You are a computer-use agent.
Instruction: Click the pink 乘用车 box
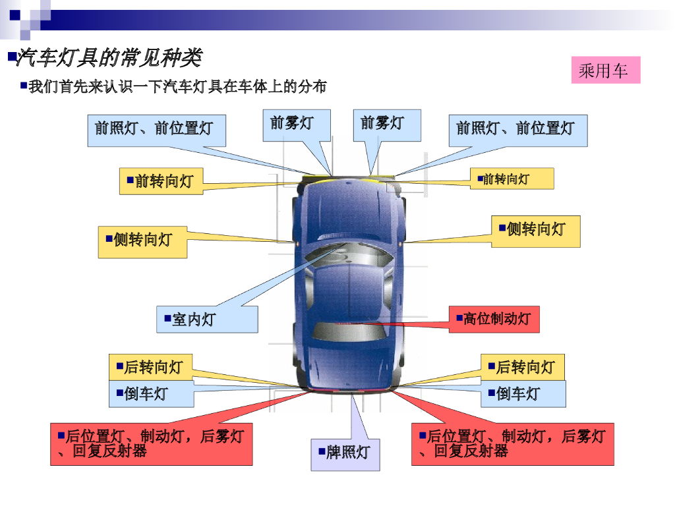(x=605, y=70)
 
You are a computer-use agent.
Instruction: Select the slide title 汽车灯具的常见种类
(x=109, y=58)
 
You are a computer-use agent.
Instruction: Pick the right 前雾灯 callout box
(x=387, y=125)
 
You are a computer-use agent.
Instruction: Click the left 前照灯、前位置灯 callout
(x=156, y=130)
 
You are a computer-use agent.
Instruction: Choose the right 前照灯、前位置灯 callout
(x=518, y=130)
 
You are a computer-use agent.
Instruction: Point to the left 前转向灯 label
(x=161, y=181)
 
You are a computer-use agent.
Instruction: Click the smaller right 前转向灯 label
(x=512, y=179)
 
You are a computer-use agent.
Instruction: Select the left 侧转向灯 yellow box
(x=142, y=242)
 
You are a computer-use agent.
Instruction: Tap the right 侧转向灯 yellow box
(x=535, y=231)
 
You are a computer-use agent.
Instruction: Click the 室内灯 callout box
(x=206, y=320)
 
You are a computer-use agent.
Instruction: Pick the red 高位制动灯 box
(x=494, y=320)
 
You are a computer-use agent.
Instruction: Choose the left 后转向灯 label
(x=150, y=367)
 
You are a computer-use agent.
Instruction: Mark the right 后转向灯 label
(x=522, y=367)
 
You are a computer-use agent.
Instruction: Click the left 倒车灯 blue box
(x=151, y=394)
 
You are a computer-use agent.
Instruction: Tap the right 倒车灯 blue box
(x=523, y=394)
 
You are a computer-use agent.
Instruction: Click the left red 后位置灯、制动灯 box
(x=151, y=444)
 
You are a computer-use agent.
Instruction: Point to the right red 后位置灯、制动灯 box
(x=512, y=444)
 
